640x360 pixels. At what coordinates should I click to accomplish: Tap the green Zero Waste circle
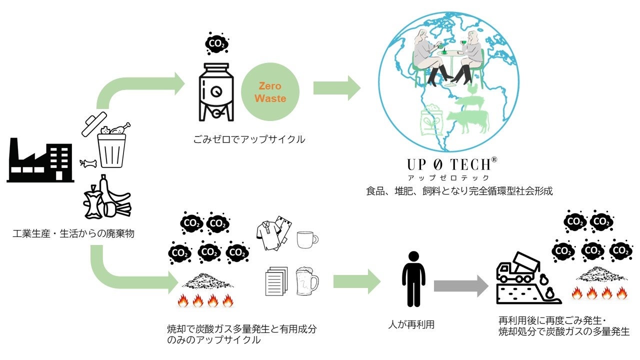[270, 93]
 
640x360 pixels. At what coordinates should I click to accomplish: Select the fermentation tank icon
[216, 92]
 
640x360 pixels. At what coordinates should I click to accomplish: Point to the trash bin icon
[110, 150]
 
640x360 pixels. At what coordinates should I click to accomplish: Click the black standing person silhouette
[413, 279]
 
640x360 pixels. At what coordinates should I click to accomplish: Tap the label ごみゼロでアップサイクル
[248, 139]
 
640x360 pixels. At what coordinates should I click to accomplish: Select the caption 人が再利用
[411, 324]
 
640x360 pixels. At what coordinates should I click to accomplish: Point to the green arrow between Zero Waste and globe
[336, 88]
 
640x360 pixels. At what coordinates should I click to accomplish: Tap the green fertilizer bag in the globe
[431, 120]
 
